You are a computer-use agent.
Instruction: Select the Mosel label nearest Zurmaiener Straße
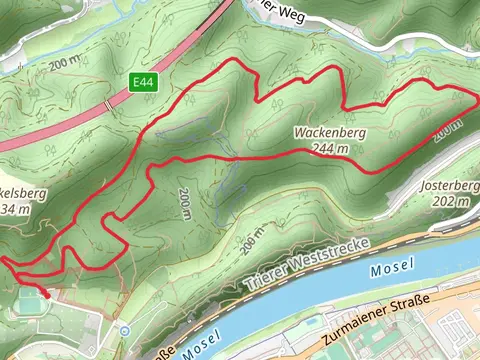[389, 271]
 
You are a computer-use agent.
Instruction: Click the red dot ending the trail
[46, 294]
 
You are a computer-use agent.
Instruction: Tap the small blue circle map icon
[124, 330]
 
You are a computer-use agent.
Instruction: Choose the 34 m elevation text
[10, 209]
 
